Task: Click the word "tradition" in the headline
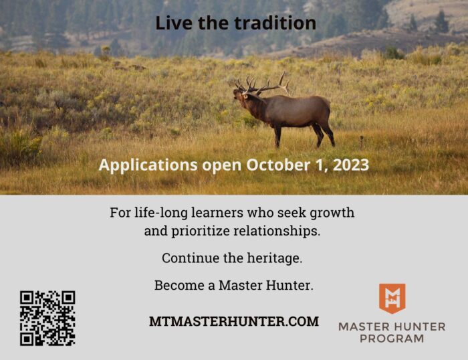(x=275, y=23)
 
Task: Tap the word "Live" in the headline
(x=174, y=23)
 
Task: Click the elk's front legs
(x=277, y=136)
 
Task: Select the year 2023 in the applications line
(x=351, y=165)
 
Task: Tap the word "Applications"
(x=148, y=165)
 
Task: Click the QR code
(x=47, y=318)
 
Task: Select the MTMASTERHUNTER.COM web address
(x=234, y=321)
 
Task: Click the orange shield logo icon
(x=392, y=298)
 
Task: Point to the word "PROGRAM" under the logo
(x=392, y=339)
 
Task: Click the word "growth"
(x=332, y=213)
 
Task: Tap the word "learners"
(x=217, y=213)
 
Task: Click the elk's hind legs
(x=324, y=134)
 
